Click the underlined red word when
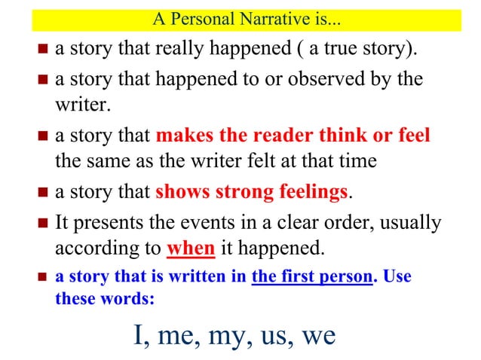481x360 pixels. [191, 248]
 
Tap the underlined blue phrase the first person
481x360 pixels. [311, 276]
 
